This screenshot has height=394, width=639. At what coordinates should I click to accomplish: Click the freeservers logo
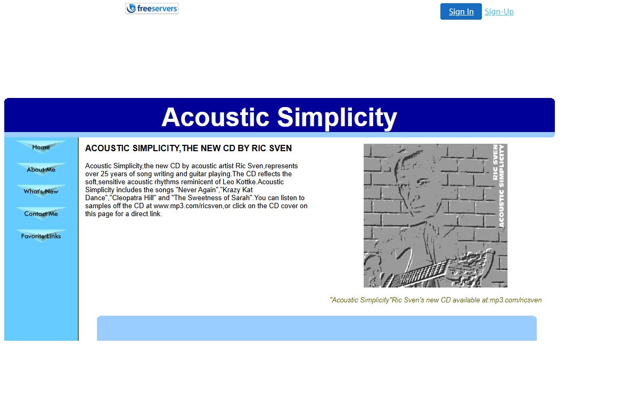point(152,9)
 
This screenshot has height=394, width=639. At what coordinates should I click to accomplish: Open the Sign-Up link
point(499,12)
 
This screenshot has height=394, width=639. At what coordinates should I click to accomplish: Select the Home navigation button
point(41,147)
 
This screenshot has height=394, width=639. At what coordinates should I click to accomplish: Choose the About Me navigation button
point(41,169)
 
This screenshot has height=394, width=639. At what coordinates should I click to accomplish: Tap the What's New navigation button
point(41,192)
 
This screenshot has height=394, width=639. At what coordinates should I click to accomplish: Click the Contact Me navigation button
point(41,214)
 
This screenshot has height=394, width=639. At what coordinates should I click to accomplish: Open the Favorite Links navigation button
point(41,236)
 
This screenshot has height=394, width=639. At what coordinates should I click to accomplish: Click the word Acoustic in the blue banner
point(215,117)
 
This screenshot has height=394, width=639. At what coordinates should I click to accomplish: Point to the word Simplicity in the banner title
point(337,118)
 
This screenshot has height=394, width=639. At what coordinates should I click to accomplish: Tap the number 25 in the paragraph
point(104,174)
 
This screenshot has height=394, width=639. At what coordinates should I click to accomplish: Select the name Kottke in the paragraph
point(245,182)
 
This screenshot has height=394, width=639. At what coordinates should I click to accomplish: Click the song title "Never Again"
point(197,190)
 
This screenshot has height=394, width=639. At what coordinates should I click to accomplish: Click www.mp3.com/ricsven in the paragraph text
point(188,206)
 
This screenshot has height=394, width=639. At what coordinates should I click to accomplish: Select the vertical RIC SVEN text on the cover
point(495,162)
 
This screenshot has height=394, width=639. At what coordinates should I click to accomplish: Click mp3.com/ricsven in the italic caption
point(515,300)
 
